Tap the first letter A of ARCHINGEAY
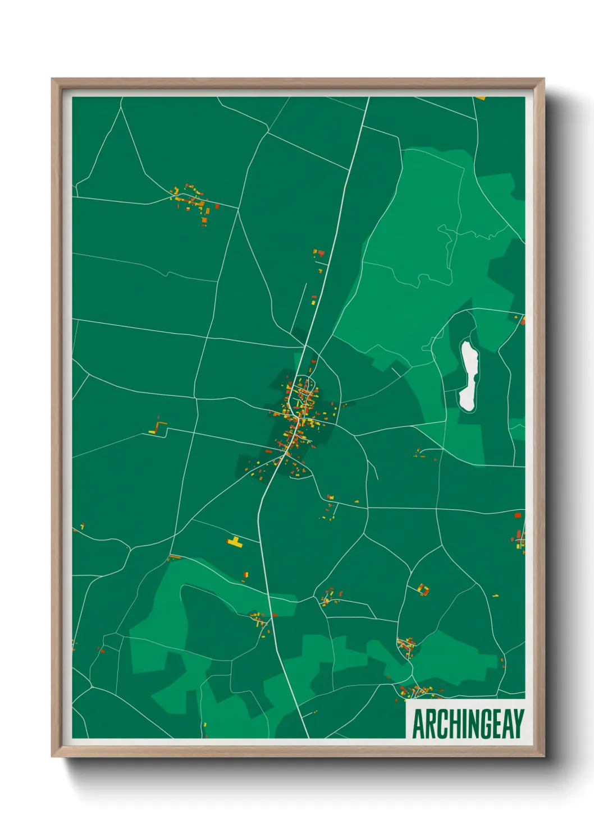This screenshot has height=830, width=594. pos(418,723)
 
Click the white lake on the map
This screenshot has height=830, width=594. pos(468,376)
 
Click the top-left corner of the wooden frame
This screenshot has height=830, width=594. pos(53,80)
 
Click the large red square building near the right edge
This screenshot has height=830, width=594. pos(518,514)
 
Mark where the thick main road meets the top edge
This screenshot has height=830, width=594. pos(369,98)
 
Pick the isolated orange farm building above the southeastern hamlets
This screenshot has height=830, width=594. pos(423,589)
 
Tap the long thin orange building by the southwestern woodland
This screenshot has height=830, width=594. pos(175,557)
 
